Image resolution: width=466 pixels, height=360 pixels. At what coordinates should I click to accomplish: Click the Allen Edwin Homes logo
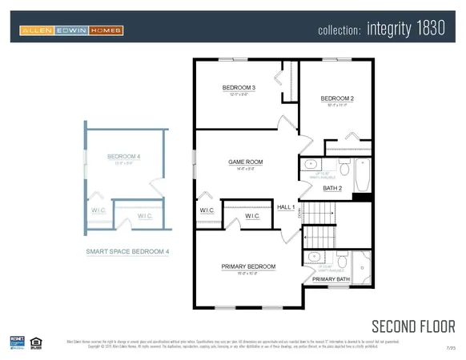pyautogui.click(x=71, y=31)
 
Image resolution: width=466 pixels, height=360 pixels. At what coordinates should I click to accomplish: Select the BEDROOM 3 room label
pyautogui.click(x=239, y=87)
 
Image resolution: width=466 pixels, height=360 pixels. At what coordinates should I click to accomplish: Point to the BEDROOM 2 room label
pyautogui.click(x=337, y=99)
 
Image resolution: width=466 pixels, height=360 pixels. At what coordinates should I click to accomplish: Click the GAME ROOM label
pyautogui.click(x=246, y=162)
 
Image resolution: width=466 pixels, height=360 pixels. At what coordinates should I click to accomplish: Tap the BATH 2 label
pyautogui.click(x=332, y=188)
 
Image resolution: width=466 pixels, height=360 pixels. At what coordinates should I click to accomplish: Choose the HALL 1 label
pyautogui.click(x=286, y=207)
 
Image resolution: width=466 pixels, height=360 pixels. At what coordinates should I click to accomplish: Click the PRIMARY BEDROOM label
pyautogui.click(x=248, y=266)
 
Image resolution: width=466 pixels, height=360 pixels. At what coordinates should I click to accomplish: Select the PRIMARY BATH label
pyautogui.click(x=331, y=278)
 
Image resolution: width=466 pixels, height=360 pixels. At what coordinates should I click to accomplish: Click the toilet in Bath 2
pyautogui.click(x=343, y=168)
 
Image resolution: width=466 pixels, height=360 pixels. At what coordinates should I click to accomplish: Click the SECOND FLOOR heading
pyautogui.click(x=413, y=326)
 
